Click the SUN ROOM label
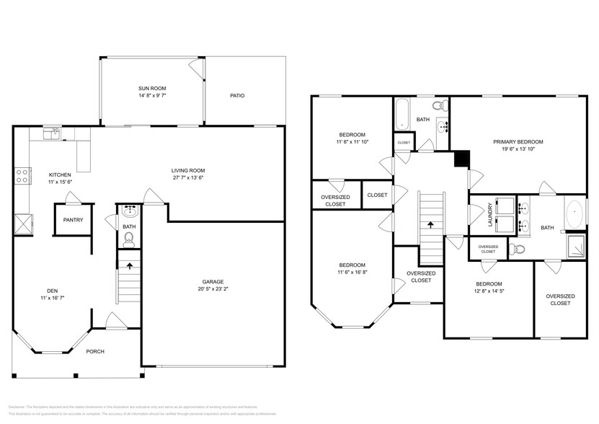click(x=152, y=88)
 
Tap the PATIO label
click(x=237, y=95)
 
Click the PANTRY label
click(x=74, y=220)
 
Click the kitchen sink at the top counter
click(x=53, y=133)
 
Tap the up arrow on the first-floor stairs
click(x=130, y=265)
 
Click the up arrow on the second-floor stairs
click(x=431, y=225)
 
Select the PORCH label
click(x=95, y=352)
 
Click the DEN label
click(x=47, y=290)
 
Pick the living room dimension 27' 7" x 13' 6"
click(x=189, y=178)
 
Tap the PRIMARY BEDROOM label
click(x=518, y=141)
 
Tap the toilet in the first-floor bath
click(x=129, y=236)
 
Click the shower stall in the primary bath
click(x=575, y=246)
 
